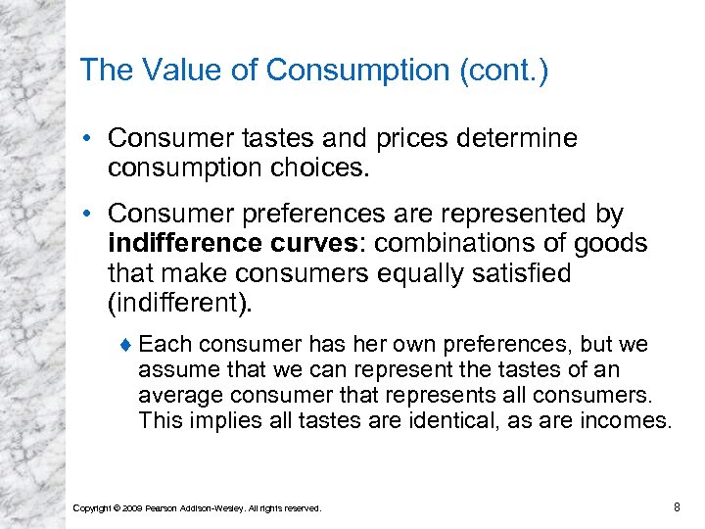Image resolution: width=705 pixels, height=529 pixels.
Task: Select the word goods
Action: (614, 242)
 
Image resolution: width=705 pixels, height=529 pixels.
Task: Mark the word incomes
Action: (627, 421)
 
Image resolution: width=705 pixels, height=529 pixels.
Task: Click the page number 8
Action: (677, 506)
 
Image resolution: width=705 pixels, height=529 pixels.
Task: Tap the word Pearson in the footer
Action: (164, 507)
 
